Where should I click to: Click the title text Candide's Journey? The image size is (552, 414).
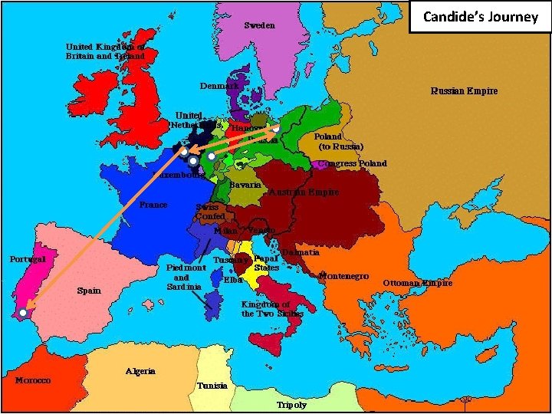[481, 17]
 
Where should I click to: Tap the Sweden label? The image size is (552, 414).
[259, 25]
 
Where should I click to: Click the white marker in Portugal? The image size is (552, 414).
[24, 313]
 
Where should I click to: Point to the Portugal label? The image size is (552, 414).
[28, 259]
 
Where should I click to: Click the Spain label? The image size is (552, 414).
[89, 291]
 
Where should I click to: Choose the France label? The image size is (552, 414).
[153, 205]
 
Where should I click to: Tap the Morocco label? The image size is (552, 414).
[33, 380]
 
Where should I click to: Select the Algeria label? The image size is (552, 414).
[140, 371]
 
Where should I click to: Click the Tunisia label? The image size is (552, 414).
[212, 386]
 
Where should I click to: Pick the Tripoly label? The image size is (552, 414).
[291, 404]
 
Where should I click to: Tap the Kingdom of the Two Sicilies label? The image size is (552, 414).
[272, 309]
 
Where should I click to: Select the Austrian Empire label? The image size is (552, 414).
[303, 192]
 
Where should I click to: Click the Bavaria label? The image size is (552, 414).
[245, 185]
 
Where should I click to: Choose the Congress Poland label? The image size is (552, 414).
[353, 163]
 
